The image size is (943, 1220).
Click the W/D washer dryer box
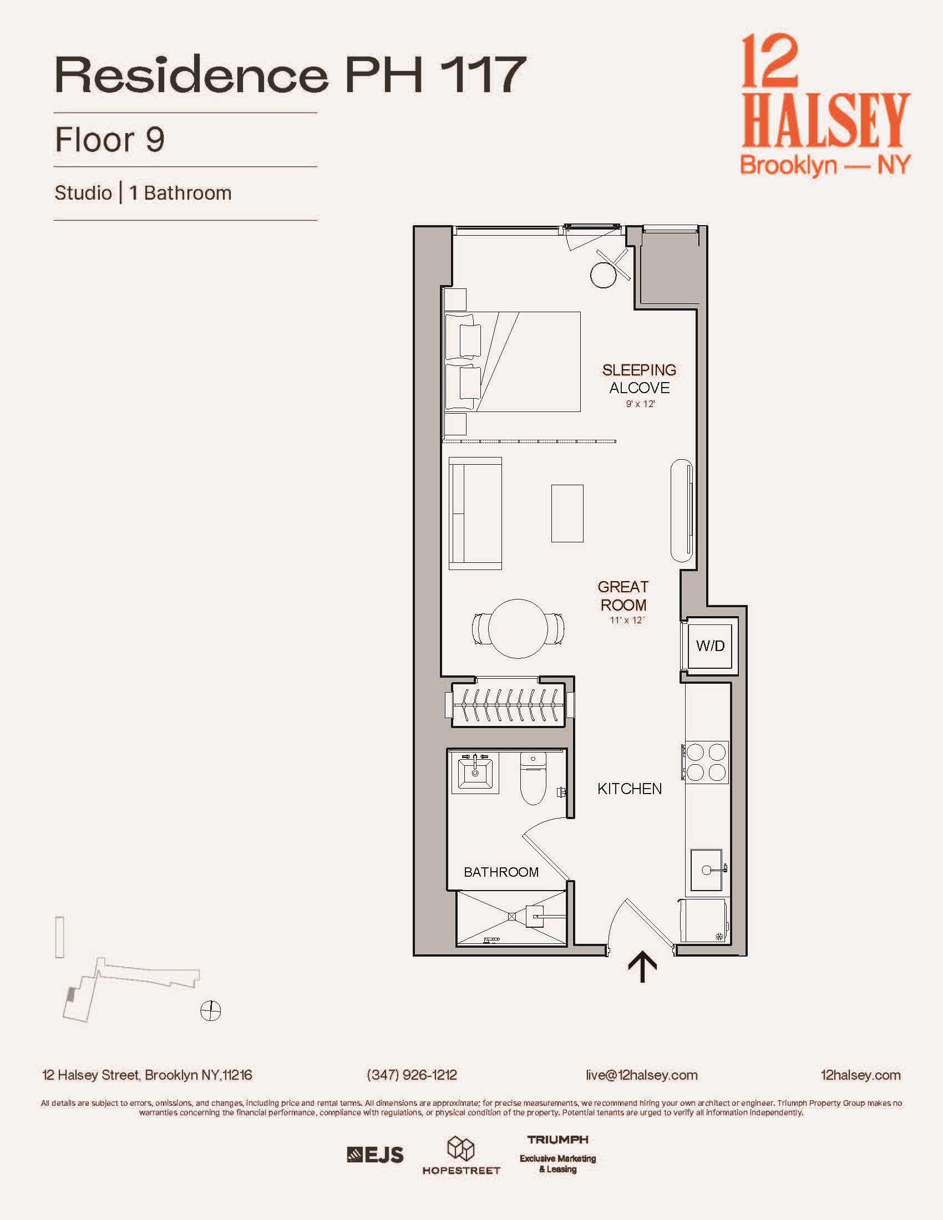coord(710,645)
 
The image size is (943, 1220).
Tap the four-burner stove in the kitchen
coord(706,762)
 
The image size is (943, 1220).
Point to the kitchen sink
coord(707,870)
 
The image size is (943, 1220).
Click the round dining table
coord(518,628)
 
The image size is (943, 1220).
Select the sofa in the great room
coord(475,514)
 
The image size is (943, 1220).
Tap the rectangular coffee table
coord(567,514)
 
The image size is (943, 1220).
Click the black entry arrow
coord(642,967)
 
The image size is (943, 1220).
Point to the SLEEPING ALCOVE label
coord(639,379)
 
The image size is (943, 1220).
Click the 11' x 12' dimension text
coord(627,620)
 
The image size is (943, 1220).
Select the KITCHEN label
coord(630,789)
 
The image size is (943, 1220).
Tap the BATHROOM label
coord(501,872)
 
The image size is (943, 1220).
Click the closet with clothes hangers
coord(506,704)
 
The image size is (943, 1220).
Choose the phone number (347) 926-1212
coord(412,1075)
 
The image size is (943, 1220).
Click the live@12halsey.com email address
coord(641,1075)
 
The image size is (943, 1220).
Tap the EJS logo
coord(375,1155)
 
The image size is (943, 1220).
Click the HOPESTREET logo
coord(461,1156)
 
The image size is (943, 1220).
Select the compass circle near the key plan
coord(211,1010)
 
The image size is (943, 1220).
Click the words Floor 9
coord(110,140)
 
